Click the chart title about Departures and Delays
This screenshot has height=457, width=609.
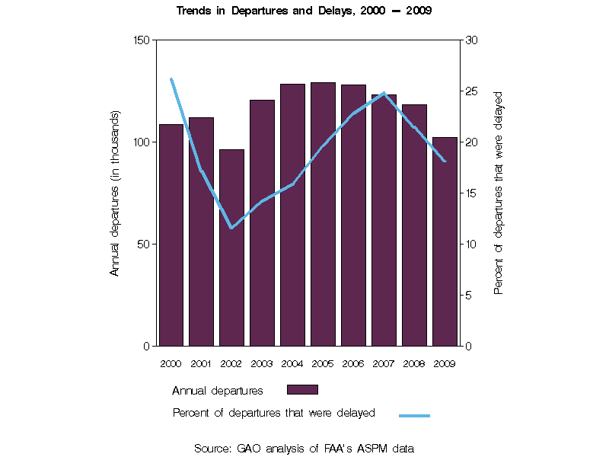click(x=304, y=11)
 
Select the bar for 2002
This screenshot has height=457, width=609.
click(x=232, y=248)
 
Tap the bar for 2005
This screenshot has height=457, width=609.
click(x=323, y=214)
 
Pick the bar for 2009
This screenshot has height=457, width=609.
click(x=445, y=241)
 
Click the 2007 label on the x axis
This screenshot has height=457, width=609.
click(x=384, y=363)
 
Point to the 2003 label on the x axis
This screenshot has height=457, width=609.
click(x=262, y=363)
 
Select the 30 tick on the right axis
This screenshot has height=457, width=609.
click(x=471, y=40)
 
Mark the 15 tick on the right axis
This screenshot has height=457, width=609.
click(x=471, y=193)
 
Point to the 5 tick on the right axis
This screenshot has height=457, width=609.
click(x=468, y=296)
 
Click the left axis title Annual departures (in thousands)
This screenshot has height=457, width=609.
click(x=116, y=193)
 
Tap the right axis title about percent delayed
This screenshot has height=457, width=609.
click(x=499, y=193)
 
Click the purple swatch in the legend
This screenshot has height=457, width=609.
click(x=302, y=389)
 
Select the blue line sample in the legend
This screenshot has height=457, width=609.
click(x=415, y=415)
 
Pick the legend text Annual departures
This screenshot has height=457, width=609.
click(x=218, y=391)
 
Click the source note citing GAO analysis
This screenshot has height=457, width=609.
click(x=304, y=449)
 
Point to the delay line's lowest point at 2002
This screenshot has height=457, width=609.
click(x=231, y=228)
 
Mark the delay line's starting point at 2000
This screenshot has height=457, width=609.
click(x=171, y=79)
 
